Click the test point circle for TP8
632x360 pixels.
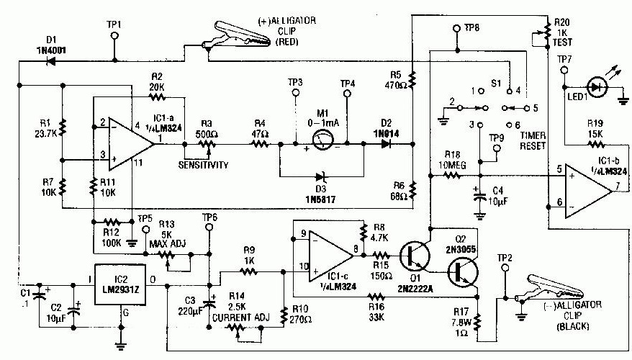(456, 30)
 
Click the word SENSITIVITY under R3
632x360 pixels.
(205, 165)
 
